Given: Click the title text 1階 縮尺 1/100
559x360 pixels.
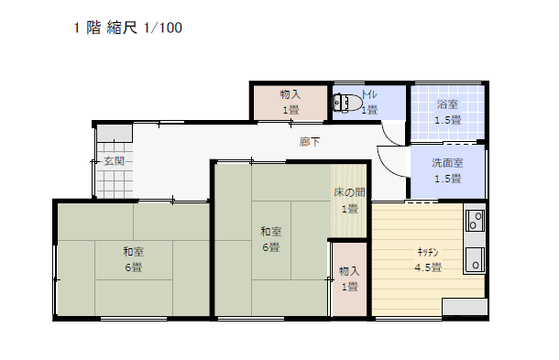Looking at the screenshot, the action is [127, 27].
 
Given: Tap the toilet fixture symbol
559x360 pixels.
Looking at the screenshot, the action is [347, 103].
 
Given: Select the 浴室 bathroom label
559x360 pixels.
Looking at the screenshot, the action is [447, 104].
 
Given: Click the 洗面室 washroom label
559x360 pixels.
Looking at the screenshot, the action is [447, 163].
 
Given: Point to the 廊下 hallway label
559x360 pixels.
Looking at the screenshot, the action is [310, 142].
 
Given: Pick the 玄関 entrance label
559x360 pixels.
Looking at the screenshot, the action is [114, 161].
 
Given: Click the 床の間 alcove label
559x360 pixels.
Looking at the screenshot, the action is [349, 192].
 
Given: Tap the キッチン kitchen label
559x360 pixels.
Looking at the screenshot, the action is [428, 252].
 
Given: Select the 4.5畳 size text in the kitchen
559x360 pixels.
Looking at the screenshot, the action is [428, 267].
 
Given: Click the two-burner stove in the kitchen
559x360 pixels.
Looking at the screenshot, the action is [475, 221].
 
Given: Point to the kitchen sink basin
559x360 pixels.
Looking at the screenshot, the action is [475, 259].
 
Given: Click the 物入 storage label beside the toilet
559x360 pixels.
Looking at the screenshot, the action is [290, 94].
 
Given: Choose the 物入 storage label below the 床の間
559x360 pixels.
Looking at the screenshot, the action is [349, 271].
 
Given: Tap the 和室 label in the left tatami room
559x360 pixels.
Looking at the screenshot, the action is [133, 252].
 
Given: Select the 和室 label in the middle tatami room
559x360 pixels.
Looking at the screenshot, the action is [271, 232].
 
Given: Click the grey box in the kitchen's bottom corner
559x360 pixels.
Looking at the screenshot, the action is [465, 307].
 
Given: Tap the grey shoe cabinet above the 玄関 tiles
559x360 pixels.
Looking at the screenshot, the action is [115, 134].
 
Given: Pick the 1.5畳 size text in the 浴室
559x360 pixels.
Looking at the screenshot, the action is [448, 120].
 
